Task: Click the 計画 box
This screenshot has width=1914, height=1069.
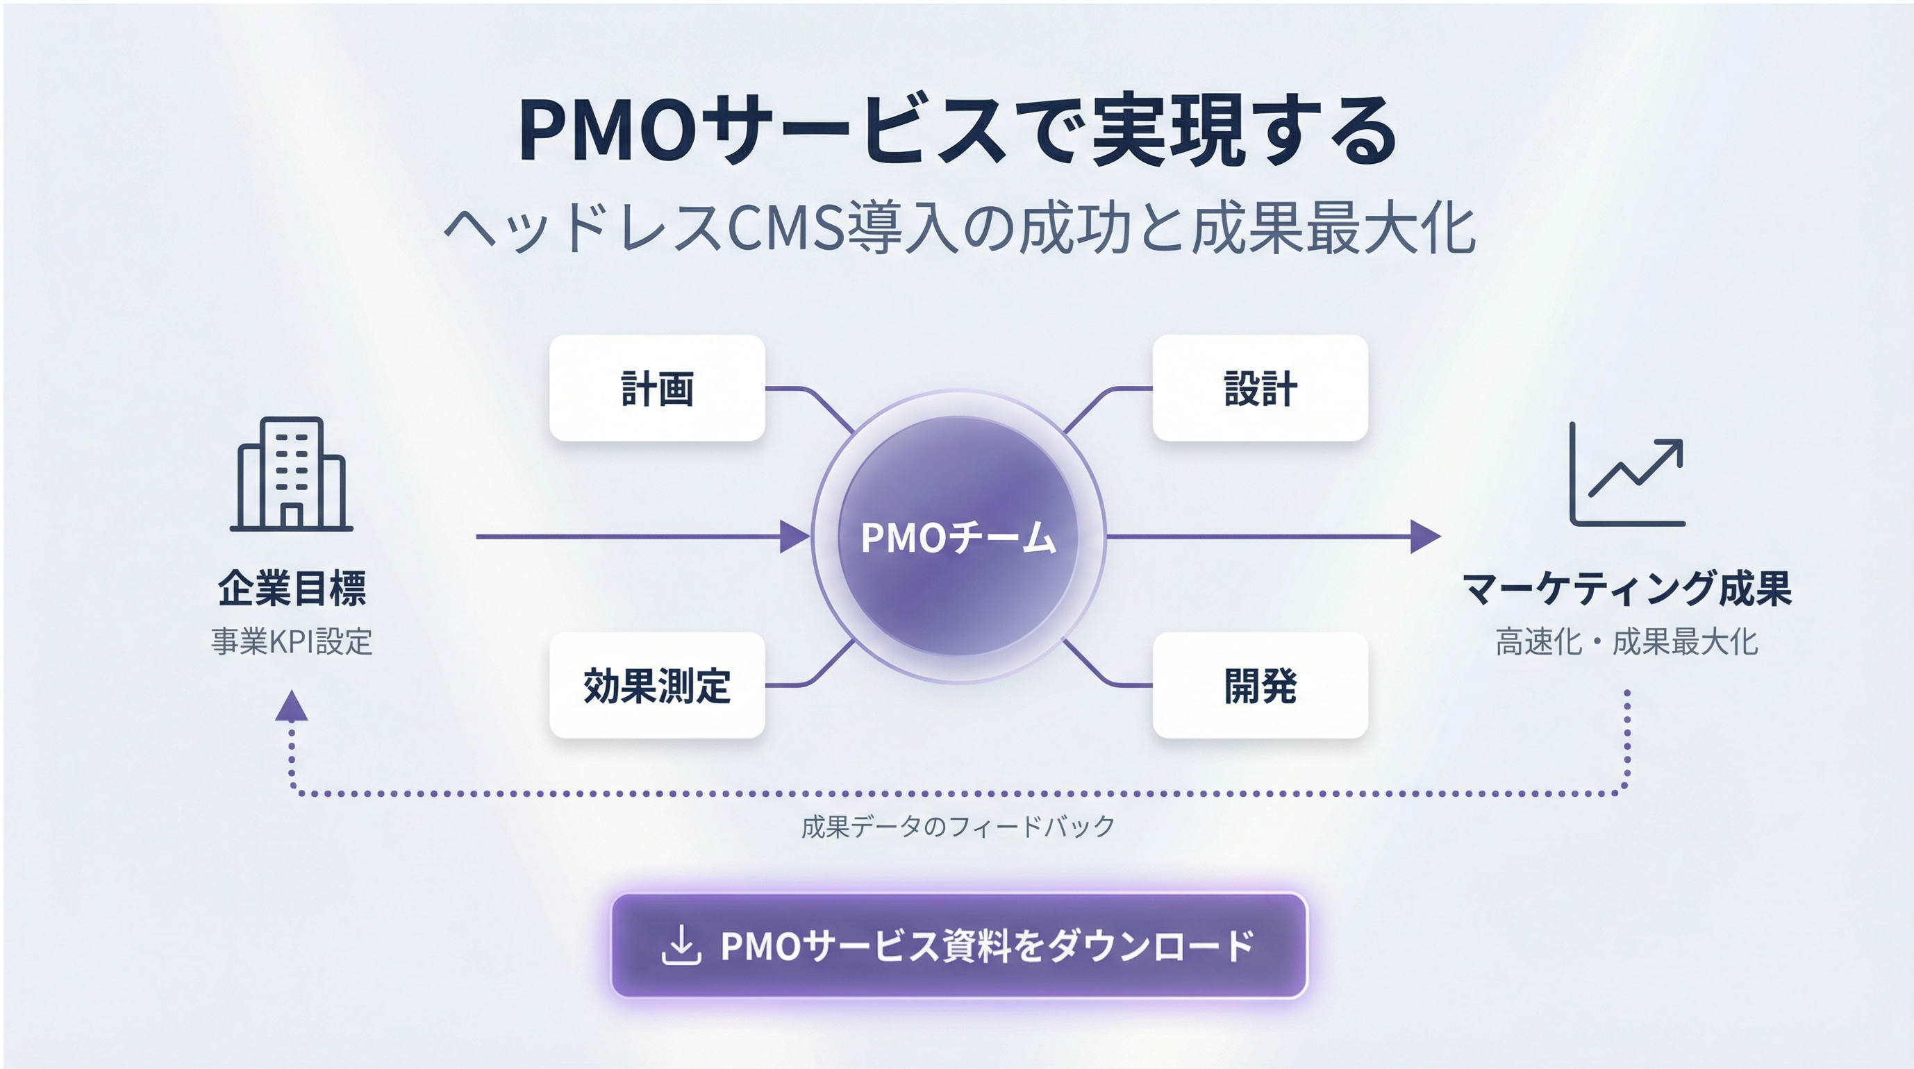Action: click(x=657, y=388)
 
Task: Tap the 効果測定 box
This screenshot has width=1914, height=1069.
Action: click(x=657, y=685)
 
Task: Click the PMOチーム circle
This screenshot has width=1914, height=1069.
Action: click(x=958, y=536)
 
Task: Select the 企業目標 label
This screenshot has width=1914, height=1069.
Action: click(x=292, y=589)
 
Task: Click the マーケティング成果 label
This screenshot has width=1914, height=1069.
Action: click(x=1627, y=589)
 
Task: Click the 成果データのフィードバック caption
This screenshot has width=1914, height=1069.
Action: click(x=958, y=826)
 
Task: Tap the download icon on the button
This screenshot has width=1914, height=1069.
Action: click(x=681, y=945)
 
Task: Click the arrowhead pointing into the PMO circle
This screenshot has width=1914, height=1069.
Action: click(x=794, y=537)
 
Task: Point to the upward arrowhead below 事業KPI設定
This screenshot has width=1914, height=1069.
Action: click(x=291, y=707)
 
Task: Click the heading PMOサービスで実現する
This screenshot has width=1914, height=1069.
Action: click(x=958, y=131)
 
